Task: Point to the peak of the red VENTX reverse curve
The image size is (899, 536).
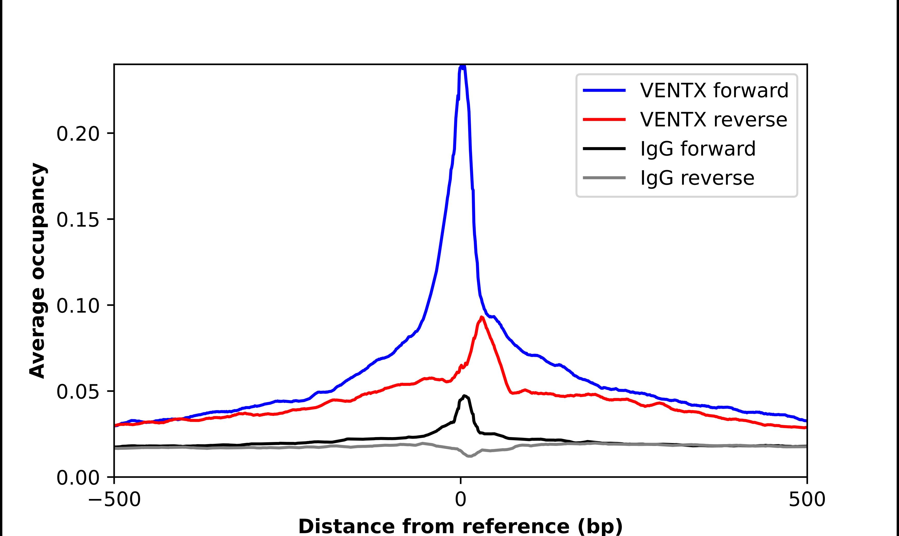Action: tap(481, 317)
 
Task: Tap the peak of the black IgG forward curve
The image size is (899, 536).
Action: tap(464, 396)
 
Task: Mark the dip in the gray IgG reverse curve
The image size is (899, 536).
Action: tap(469, 456)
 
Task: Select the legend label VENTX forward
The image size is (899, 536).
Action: tap(714, 90)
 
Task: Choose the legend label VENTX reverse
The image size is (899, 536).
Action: tap(713, 120)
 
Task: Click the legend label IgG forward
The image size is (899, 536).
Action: tap(698, 149)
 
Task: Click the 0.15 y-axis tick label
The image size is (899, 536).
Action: tap(78, 220)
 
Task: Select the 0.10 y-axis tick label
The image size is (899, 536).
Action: tap(78, 306)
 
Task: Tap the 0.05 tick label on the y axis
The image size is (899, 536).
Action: tap(78, 392)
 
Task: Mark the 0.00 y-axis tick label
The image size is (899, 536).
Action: tap(78, 478)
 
